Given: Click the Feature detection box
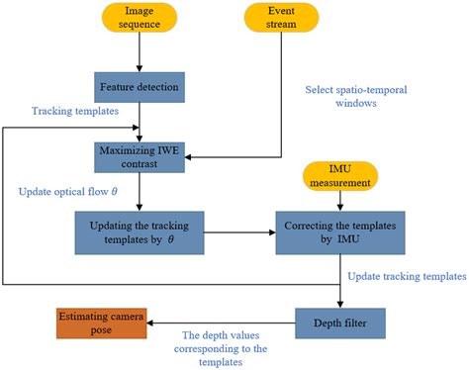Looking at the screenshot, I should coord(140,86).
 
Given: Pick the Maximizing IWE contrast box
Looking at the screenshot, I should coord(140,155).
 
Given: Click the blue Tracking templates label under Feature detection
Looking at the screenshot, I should coord(70,111).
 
